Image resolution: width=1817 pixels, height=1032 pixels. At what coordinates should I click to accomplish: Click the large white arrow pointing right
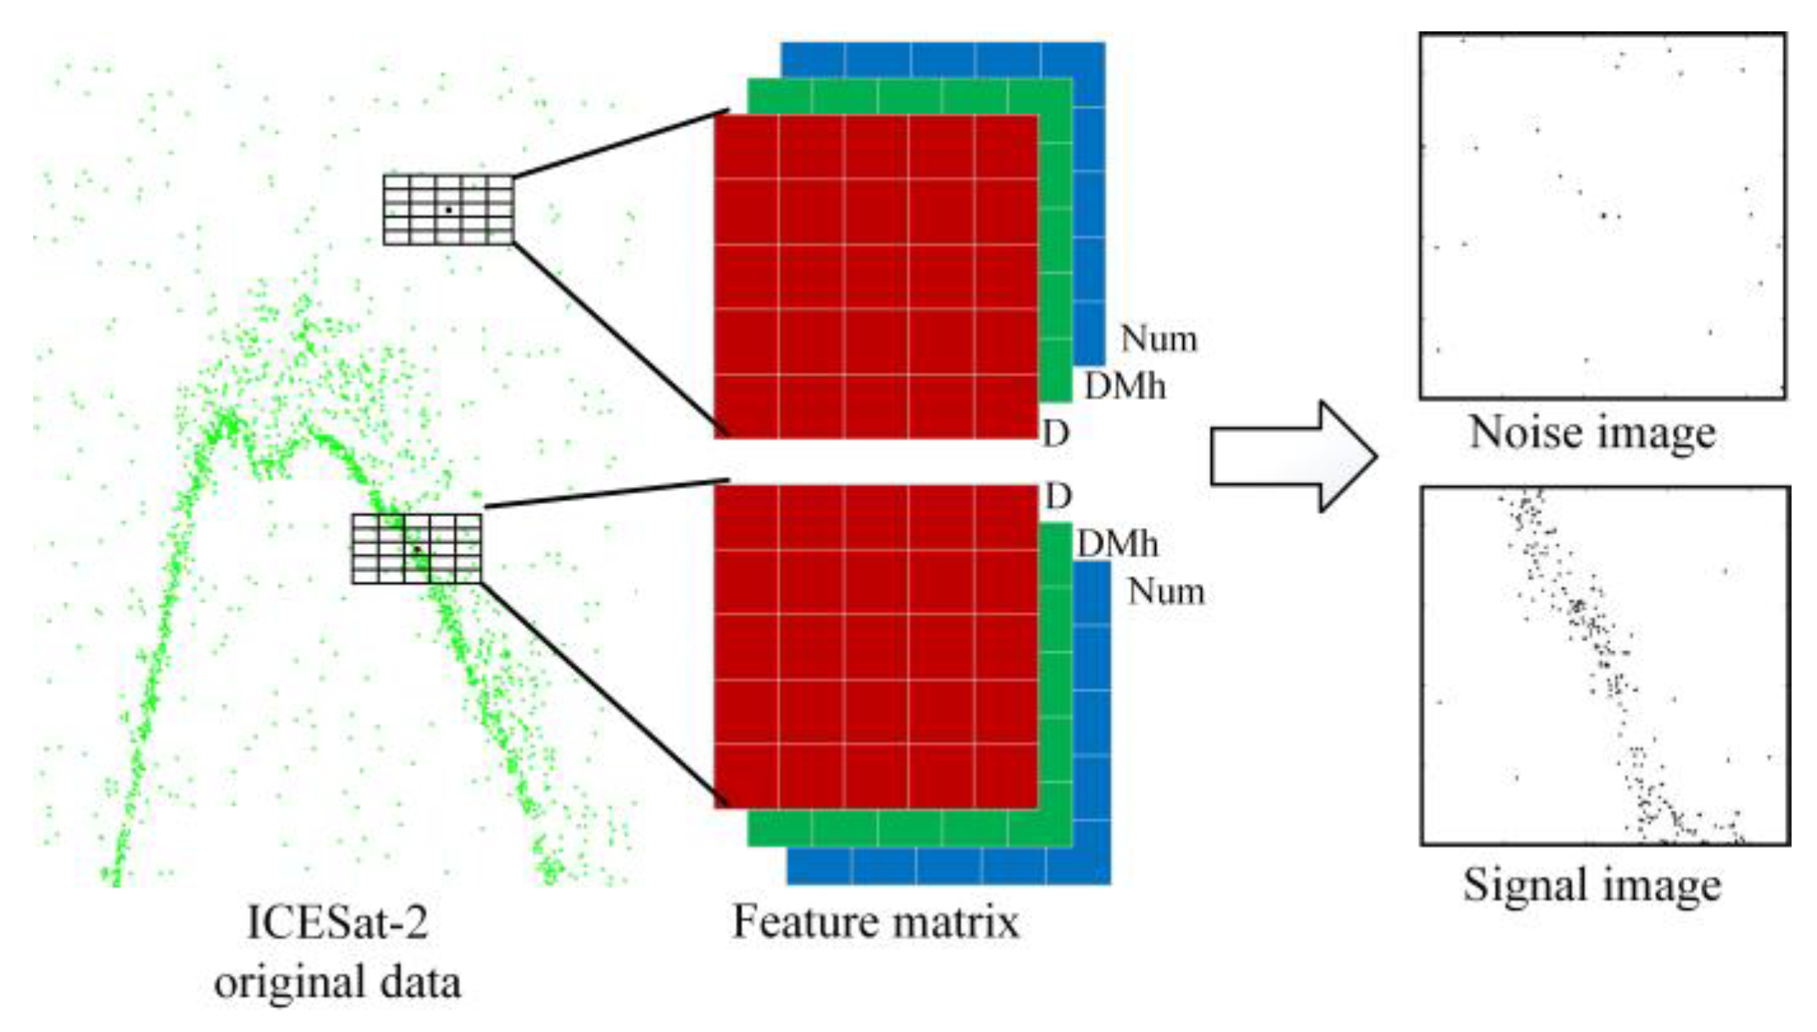pyautogui.click(x=1292, y=456)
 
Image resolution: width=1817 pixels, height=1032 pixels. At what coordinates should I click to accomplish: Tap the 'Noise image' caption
pyautogui.click(x=1592, y=432)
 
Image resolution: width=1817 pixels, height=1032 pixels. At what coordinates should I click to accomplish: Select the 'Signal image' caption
pyautogui.click(x=1592, y=885)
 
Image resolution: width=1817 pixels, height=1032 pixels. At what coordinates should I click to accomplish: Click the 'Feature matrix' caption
pyautogui.click(x=875, y=921)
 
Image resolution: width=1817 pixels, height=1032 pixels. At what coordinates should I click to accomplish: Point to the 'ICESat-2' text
pyautogui.click(x=337, y=922)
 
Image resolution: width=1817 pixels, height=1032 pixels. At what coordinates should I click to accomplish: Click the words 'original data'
pyautogui.click(x=337, y=983)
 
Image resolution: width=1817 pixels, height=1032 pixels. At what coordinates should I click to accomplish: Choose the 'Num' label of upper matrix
pyautogui.click(x=1159, y=339)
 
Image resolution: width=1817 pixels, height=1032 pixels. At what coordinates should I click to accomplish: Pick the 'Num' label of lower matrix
pyautogui.click(x=1165, y=591)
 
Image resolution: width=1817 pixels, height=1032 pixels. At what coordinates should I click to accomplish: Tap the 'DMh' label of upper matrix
pyautogui.click(x=1125, y=387)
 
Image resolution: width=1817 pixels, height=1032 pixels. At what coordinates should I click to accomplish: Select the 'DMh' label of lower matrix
pyautogui.click(x=1117, y=544)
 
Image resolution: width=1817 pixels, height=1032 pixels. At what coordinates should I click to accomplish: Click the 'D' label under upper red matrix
pyautogui.click(x=1056, y=434)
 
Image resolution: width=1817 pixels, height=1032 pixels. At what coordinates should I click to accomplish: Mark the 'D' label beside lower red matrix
pyautogui.click(x=1058, y=497)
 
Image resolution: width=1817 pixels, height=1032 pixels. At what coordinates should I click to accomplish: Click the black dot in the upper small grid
pyautogui.click(x=448, y=209)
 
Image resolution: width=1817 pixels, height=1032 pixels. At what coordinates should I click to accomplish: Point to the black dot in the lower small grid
pyautogui.click(x=417, y=550)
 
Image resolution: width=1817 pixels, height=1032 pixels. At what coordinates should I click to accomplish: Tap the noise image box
pyautogui.click(x=1602, y=216)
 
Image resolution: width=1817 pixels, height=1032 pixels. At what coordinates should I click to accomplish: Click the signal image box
pyautogui.click(x=1605, y=665)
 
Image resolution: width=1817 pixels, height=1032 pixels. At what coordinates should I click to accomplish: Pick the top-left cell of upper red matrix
pyautogui.click(x=747, y=147)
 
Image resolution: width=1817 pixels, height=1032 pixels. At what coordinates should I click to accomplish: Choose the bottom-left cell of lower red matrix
pyautogui.click(x=747, y=777)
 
